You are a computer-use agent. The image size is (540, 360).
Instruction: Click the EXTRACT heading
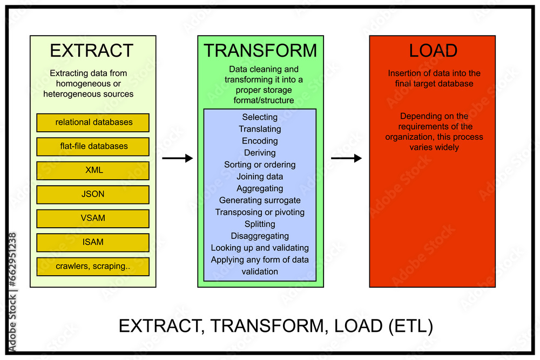coord(91,51)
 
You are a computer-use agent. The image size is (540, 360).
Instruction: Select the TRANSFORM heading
coord(260,50)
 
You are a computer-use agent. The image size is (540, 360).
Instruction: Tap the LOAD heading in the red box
coord(433,51)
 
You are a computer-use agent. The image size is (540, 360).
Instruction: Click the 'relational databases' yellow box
coord(93,123)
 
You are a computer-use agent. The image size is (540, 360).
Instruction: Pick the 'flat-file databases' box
coord(93,146)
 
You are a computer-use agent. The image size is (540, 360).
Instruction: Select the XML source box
coord(93,171)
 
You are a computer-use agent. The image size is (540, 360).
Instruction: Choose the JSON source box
coord(93,194)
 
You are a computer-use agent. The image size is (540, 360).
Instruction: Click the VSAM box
coord(93,218)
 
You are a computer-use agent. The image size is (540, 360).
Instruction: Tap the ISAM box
coord(93,242)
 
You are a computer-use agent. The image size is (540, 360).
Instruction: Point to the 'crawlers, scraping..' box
coord(93,266)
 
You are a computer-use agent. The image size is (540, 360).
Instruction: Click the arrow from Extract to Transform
coord(177,158)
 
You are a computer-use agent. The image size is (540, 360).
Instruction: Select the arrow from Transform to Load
coord(346,158)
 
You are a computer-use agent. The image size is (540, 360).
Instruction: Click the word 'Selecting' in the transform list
coord(260,117)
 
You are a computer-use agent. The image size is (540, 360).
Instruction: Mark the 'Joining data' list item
coord(260,176)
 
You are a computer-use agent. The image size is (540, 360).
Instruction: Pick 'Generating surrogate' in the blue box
coord(260,200)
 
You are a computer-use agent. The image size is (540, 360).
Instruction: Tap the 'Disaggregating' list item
coord(260,236)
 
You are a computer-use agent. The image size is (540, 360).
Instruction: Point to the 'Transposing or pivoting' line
coord(260,212)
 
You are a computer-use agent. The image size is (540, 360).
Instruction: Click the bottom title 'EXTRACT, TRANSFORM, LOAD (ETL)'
coord(275,326)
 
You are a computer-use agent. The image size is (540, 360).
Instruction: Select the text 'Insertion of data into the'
coord(434,73)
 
